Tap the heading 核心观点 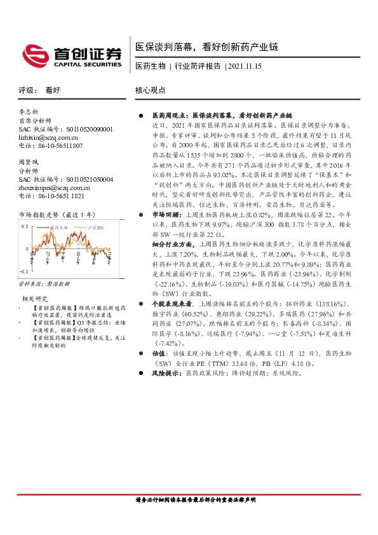[x=150, y=91]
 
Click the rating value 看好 [x=53, y=91]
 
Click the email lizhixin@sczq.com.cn [x=48, y=137]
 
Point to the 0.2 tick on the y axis [x=24, y=226]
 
